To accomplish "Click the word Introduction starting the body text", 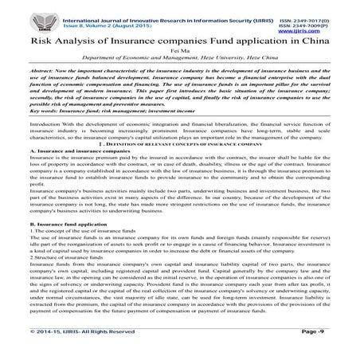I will pyautogui.click(x=45, y=126).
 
